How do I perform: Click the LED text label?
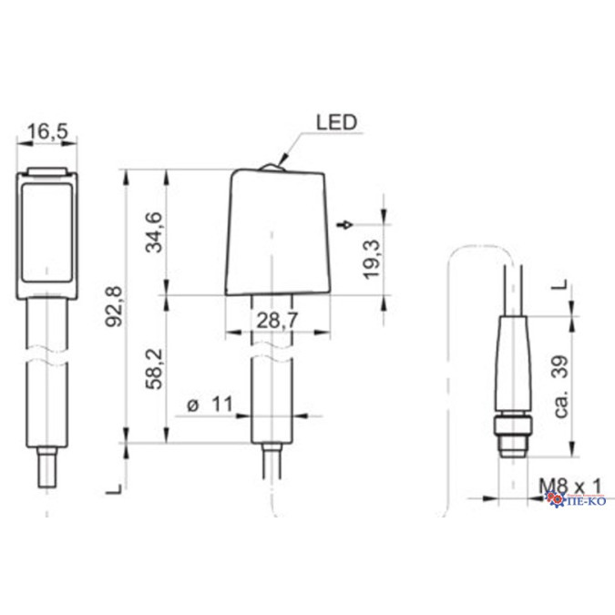[x=336, y=122]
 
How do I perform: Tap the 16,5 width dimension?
[x=47, y=131]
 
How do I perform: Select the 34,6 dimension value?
[x=153, y=231]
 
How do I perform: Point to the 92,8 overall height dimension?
[x=114, y=307]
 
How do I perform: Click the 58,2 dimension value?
[x=154, y=369]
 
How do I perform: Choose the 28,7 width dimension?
[x=278, y=321]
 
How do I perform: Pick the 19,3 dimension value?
[x=372, y=259]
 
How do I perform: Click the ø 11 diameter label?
[x=210, y=404]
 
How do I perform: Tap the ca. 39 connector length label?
[x=561, y=386]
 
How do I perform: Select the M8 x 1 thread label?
[x=569, y=487]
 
